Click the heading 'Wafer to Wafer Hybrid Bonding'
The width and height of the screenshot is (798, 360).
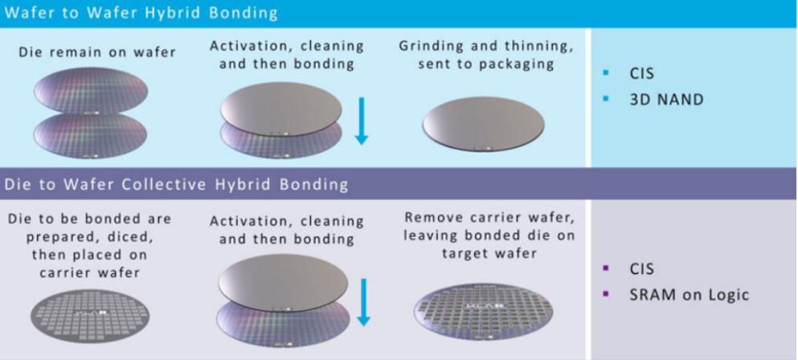141,13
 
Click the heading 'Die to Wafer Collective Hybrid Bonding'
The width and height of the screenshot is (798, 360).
177,184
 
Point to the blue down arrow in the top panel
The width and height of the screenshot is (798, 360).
361,121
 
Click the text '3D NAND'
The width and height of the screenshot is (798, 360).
666,100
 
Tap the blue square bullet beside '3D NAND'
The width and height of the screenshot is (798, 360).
606,100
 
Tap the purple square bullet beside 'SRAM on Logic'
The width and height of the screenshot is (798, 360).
606,295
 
